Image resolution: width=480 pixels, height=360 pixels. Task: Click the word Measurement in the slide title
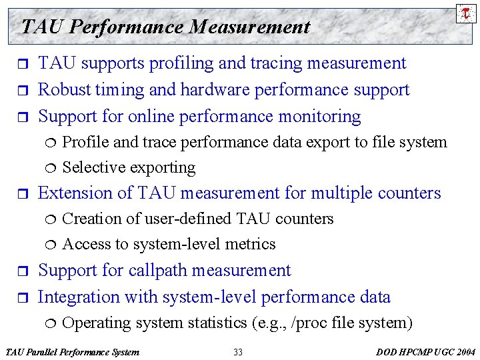point(249,27)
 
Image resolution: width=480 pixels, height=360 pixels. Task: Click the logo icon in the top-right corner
point(466,13)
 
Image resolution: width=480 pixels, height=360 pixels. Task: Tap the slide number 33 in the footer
point(238,352)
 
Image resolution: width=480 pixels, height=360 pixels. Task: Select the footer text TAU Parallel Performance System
point(72,352)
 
